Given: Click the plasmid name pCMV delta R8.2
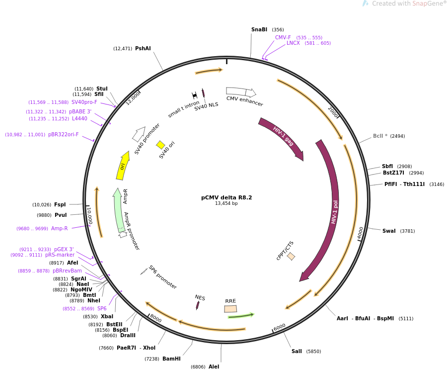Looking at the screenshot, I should [226, 197].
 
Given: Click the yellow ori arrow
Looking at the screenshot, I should [123, 166].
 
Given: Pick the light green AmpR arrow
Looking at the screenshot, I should [118, 209].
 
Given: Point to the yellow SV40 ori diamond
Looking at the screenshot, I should [160, 145].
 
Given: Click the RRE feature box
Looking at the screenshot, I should [230, 309].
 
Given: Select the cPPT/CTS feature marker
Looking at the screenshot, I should [291, 256].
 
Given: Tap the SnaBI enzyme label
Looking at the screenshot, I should [259, 30].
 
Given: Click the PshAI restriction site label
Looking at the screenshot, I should [143, 49].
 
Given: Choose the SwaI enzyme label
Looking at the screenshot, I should [389, 231].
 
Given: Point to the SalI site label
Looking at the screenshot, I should [297, 352].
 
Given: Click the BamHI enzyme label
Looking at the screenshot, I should [171, 359].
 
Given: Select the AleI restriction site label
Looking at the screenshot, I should [214, 367].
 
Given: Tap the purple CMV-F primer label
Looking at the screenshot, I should [283, 37].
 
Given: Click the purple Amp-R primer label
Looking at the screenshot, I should [59, 229].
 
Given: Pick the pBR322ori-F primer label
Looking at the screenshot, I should [63, 134].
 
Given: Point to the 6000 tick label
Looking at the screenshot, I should [280, 326].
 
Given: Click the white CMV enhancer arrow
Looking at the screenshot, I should [241, 92].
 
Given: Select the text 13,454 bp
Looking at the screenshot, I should [226, 203].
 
